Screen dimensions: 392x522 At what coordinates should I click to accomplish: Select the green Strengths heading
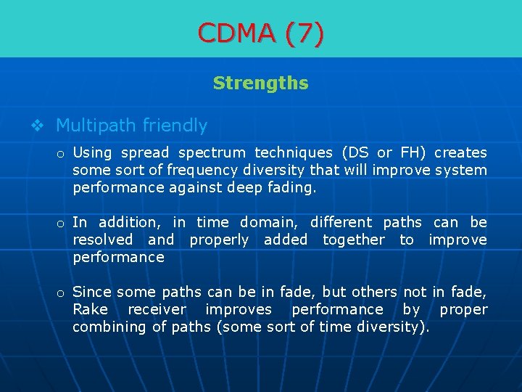(x=261, y=83)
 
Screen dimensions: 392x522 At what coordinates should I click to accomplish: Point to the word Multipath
(x=96, y=126)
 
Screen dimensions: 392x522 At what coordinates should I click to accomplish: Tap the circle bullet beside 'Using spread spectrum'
(x=62, y=153)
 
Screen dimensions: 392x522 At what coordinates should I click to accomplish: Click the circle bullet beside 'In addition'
(x=62, y=223)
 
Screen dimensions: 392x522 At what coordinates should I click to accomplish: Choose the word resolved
(x=102, y=240)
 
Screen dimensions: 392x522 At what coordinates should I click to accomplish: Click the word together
(x=354, y=240)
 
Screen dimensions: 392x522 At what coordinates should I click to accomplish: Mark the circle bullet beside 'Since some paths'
(x=62, y=293)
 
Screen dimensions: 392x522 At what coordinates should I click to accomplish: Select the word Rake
(x=91, y=309)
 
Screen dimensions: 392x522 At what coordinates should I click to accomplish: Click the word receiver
(x=157, y=309)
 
